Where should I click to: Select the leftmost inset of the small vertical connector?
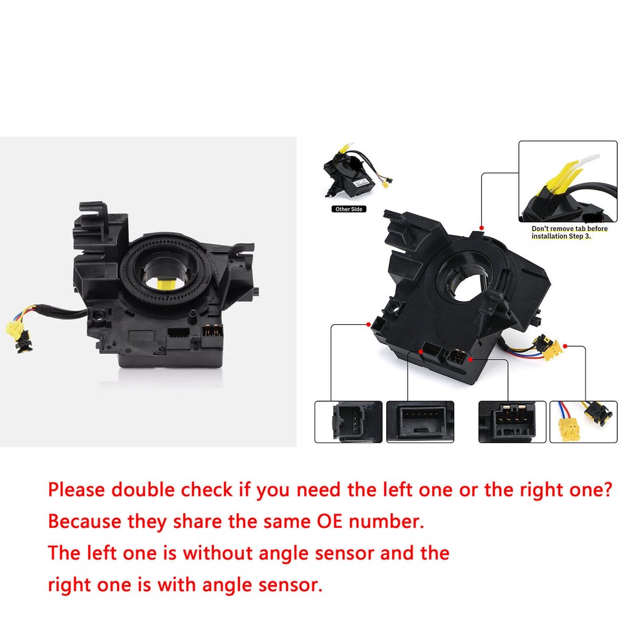348,422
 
